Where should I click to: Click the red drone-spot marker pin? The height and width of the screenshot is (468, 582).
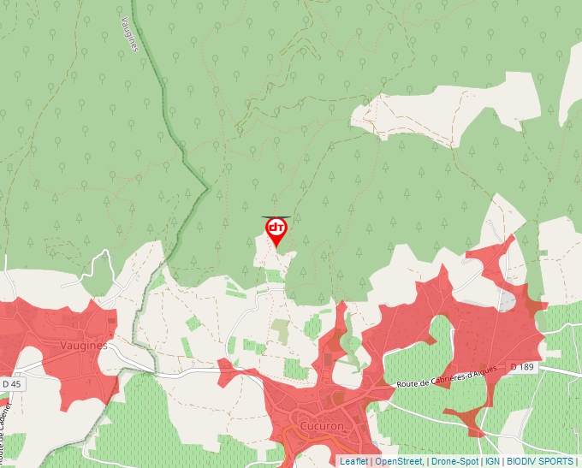(276, 231)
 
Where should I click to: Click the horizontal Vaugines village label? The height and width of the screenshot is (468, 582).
(84, 346)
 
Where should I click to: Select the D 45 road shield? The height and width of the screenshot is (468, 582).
(13, 385)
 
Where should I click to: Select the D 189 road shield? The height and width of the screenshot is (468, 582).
(521, 367)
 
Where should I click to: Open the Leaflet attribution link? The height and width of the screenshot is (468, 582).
(353, 461)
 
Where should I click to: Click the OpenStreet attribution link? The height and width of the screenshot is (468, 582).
(398, 461)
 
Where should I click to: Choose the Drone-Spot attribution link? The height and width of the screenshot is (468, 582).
(454, 461)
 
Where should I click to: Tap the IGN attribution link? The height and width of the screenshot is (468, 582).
(492, 461)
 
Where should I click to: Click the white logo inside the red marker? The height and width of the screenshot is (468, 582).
(276, 228)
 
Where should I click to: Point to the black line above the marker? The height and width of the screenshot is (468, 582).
(276, 217)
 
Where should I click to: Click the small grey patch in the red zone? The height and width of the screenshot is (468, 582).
(507, 301)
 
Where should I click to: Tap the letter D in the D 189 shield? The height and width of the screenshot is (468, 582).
(514, 367)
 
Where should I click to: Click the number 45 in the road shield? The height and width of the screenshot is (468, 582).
(17, 385)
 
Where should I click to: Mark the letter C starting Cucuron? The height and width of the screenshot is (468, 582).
(302, 425)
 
